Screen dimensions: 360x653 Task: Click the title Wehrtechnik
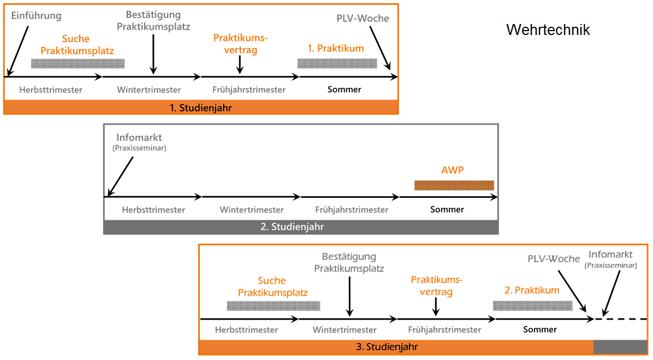(x=548, y=29)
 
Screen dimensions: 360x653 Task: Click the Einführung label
(x=37, y=16)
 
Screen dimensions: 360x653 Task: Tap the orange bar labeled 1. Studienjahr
(x=201, y=108)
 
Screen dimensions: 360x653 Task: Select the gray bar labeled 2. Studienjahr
(x=300, y=227)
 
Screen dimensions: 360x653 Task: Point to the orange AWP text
(x=452, y=170)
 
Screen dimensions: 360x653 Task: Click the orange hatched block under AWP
(x=454, y=185)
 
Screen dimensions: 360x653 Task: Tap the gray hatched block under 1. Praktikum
(x=337, y=63)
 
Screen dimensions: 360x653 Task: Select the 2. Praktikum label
(x=532, y=291)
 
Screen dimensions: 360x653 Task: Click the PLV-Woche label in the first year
(x=363, y=18)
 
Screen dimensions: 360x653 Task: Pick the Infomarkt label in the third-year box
(x=610, y=255)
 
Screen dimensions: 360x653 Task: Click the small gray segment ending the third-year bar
(x=620, y=347)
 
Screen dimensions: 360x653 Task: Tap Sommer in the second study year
(x=447, y=209)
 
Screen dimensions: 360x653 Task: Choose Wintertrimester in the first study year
(x=149, y=90)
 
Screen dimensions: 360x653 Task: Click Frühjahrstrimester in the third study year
(x=445, y=329)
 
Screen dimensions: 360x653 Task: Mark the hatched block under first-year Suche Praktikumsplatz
(x=78, y=63)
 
